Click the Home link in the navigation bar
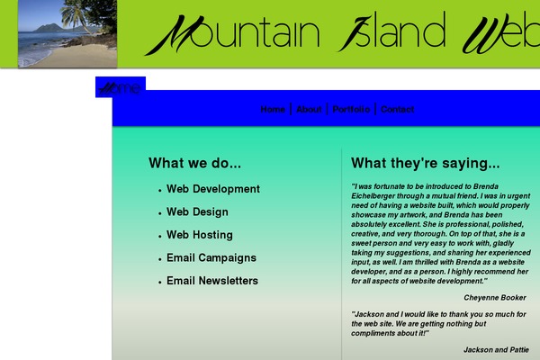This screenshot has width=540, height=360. click(x=273, y=110)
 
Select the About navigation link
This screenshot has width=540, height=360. click(x=309, y=110)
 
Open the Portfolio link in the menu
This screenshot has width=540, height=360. click(x=351, y=110)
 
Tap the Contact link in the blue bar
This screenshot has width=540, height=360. click(x=397, y=110)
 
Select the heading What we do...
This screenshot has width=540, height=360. click(x=194, y=164)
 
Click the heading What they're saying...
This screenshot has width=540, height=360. click(x=425, y=164)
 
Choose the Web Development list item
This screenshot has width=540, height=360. click(x=213, y=189)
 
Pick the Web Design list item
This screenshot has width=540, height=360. click(x=197, y=212)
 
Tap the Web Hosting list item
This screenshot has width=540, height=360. click(x=200, y=235)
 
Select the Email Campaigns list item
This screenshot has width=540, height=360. click(x=211, y=258)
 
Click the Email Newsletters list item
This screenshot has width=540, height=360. click(x=212, y=281)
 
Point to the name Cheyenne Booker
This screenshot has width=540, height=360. click(x=495, y=297)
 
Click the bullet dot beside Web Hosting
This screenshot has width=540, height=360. click(x=159, y=237)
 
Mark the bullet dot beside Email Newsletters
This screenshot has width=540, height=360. click(x=159, y=283)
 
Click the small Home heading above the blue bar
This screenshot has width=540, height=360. click(x=120, y=87)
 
